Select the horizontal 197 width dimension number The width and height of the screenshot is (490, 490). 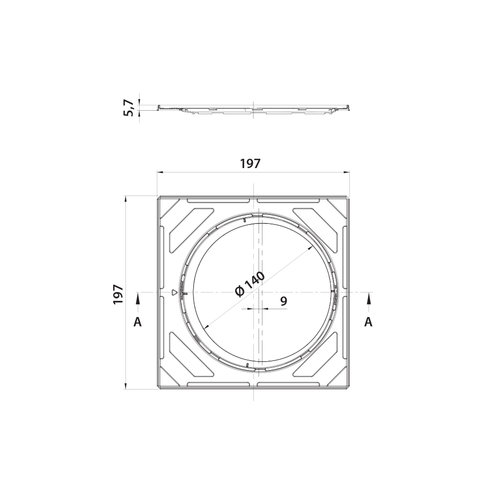coord(250,164)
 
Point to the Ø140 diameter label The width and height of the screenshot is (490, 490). coord(249,284)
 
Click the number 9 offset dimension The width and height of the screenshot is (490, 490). coord(284,301)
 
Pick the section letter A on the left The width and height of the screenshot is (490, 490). coord(138,321)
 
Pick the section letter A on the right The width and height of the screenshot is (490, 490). coord(368,321)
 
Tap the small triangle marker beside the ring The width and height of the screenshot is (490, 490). coord(174,293)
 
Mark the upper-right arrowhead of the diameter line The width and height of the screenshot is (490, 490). coord(311,248)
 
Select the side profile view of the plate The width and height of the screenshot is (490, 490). coord(253,109)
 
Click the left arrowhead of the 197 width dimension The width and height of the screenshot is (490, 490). coord(160,172)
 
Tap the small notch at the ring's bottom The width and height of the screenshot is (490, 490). coord(247,366)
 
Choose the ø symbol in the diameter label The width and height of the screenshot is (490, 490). coord(240,292)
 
